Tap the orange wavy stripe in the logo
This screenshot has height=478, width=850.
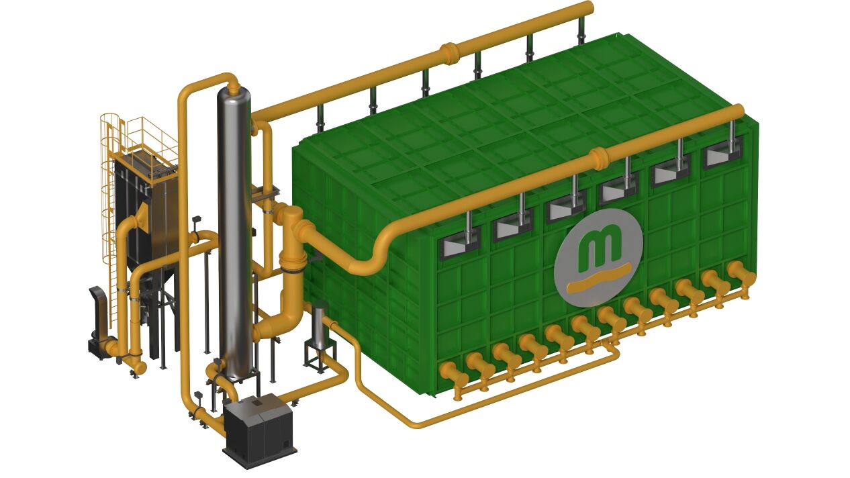pos(599,279)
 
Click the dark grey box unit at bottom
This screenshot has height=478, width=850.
pos(259,431)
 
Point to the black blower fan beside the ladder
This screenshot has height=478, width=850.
pos(99,322)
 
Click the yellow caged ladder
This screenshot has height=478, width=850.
pos(110,212)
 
